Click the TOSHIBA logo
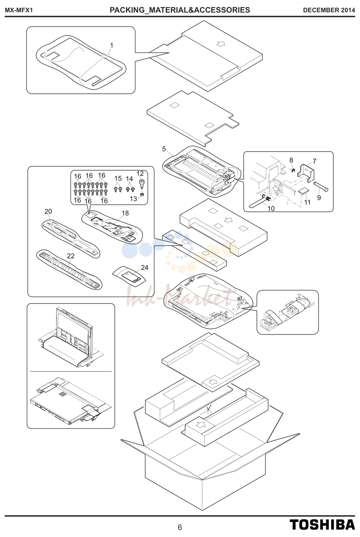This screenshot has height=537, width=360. point(322,524)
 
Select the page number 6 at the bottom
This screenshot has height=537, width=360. point(180,527)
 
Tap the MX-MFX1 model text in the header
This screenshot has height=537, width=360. point(19,10)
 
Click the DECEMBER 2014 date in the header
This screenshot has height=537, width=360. point(329,10)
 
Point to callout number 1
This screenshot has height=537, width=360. point(112,45)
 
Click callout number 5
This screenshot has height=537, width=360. point(164,149)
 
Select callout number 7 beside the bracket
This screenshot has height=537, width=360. point(314,161)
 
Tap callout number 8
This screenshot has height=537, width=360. point(291,160)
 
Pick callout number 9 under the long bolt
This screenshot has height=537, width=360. point(319,198)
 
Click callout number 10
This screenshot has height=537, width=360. point(271,208)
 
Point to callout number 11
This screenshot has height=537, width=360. point(307,202)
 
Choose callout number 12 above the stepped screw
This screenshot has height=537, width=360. point(140,173)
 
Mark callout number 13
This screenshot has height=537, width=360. point(133,199)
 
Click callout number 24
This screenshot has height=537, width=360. point(145,267)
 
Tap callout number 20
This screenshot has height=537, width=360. point(48,211)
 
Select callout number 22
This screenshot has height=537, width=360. point(71,256)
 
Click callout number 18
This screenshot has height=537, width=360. point(125,213)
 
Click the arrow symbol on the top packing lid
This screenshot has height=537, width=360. point(221,44)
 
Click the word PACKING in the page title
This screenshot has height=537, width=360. point(126,10)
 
